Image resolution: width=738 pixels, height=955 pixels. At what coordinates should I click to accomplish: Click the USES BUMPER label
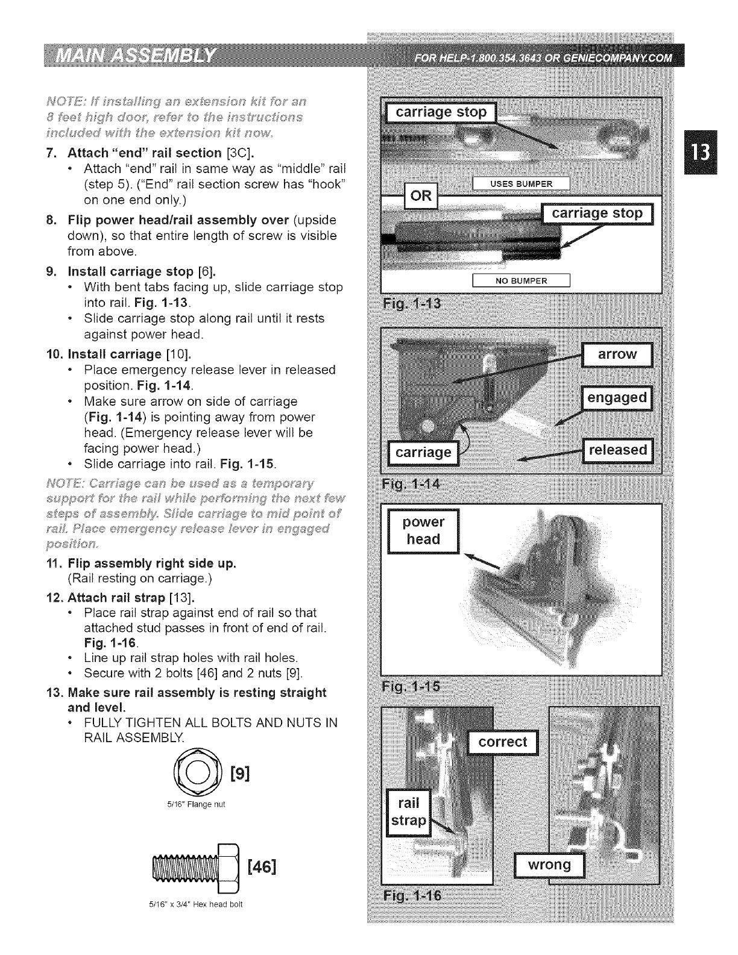click(521, 184)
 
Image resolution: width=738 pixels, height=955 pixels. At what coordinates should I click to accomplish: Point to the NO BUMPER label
click(521, 281)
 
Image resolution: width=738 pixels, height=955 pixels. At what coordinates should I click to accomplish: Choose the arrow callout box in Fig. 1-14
click(617, 354)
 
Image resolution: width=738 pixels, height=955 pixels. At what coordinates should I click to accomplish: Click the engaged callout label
click(617, 398)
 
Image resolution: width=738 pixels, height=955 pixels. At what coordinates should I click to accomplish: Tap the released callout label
click(617, 450)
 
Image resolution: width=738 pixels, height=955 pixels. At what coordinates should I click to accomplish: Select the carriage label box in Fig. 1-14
click(423, 452)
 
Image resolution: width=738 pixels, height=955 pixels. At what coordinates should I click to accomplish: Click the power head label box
click(423, 531)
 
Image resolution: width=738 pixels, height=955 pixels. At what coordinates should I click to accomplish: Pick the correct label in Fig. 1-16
click(502, 742)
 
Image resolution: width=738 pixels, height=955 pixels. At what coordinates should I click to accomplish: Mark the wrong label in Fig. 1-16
click(549, 865)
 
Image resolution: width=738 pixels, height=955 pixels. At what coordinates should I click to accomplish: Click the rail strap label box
click(409, 812)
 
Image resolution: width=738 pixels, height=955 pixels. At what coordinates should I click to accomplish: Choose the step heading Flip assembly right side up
click(151, 564)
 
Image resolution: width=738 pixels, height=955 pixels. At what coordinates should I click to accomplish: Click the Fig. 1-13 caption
click(412, 302)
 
